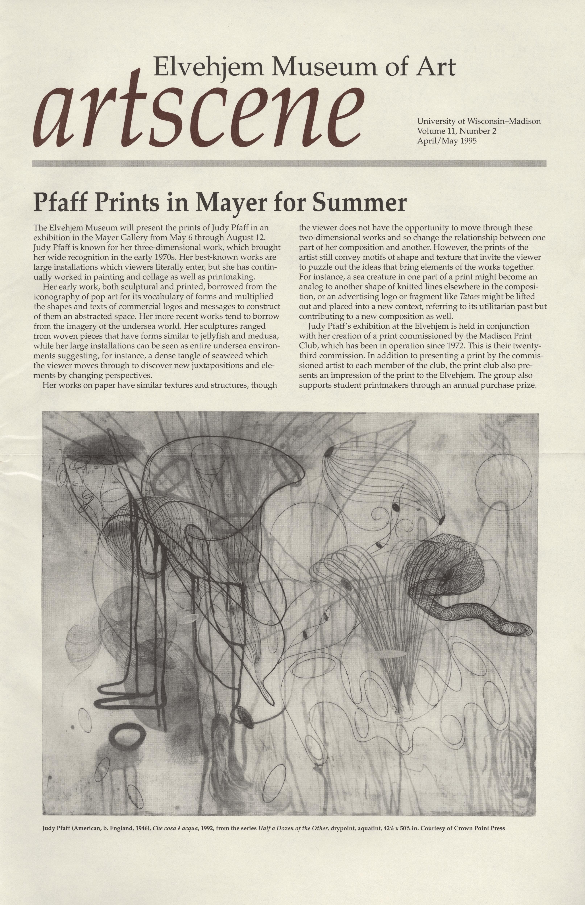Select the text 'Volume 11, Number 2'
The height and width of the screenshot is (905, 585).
pos(457,131)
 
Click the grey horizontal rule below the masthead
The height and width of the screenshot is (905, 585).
pos(289,163)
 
